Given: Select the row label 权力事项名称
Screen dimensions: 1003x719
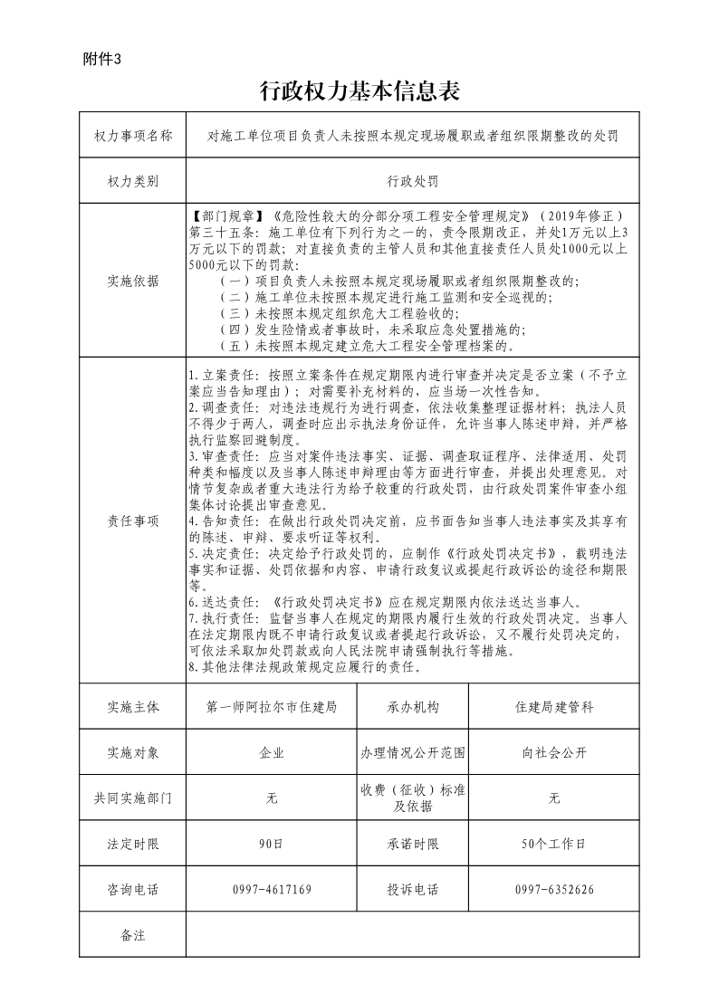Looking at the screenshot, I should (x=132, y=136).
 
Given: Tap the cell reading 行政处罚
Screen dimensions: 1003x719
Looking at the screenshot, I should (x=412, y=181).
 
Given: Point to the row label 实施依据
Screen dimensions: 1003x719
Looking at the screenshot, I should (x=132, y=281).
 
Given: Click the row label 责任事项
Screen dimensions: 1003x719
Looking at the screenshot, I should (x=132, y=521).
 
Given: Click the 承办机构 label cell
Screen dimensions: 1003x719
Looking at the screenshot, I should (x=412, y=707).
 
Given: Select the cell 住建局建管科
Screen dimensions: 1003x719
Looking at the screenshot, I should (x=554, y=707).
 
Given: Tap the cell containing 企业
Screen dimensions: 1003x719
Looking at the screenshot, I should (x=272, y=752).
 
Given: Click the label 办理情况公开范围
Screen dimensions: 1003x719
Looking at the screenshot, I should (x=412, y=752).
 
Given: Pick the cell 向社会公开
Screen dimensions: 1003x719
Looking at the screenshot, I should (x=554, y=752).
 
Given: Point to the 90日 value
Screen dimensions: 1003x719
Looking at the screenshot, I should (x=272, y=844).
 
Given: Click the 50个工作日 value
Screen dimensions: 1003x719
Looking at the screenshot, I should (x=554, y=844).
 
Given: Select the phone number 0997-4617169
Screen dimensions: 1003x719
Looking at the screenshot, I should (x=272, y=890).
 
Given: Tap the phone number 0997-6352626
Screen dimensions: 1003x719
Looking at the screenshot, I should (x=554, y=890).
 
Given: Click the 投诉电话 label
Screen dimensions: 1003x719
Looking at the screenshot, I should (x=412, y=890).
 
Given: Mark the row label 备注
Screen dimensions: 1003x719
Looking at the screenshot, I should (x=132, y=935).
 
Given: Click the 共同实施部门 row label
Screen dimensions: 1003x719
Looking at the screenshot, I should (x=132, y=798).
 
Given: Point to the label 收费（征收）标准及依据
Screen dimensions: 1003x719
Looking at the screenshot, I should (x=412, y=798).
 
